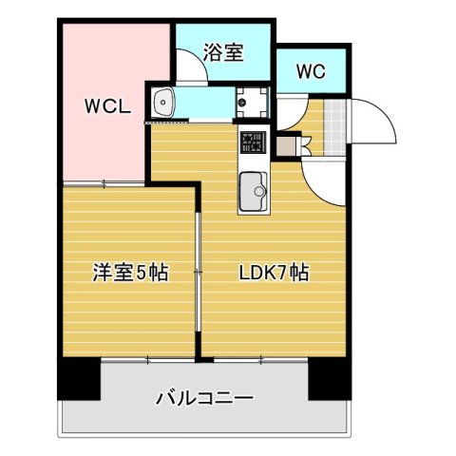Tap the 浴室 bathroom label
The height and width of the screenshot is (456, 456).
click(x=224, y=53)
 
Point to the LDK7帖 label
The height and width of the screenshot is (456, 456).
click(x=273, y=274)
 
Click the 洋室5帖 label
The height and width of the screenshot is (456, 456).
click(x=130, y=274)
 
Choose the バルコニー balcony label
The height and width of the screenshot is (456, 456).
click(x=204, y=398)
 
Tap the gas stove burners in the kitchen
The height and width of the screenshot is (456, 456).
click(x=253, y=144)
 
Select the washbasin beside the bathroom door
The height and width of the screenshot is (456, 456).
click(x=163, y=101)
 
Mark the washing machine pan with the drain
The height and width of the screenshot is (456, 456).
click(x=253, y=101)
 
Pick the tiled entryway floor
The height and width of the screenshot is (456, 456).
click(x=332, y=120)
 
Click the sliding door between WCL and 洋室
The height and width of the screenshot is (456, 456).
click(x=104, y=182)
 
